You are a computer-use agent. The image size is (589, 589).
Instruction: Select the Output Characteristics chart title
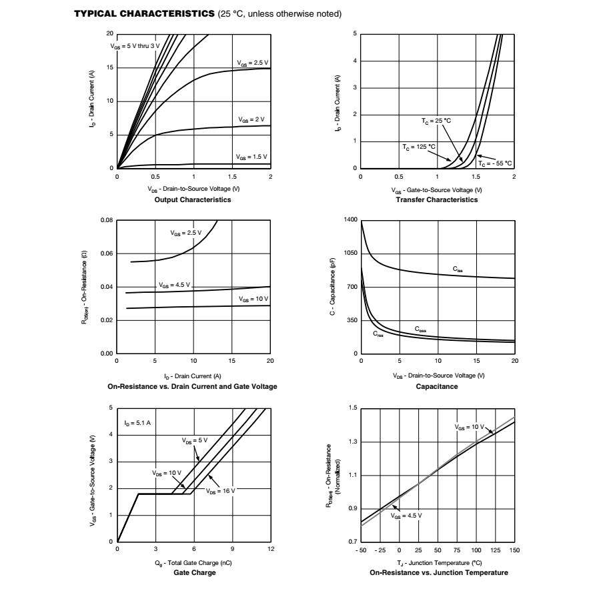tap(192, 199)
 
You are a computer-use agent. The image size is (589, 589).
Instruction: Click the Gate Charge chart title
tap(194, 572)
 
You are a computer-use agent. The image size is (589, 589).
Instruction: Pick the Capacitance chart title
tap(437, 386)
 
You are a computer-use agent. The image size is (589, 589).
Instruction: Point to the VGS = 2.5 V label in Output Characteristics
tap(251, 63)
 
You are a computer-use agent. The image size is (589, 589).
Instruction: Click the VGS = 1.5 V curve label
tap(251, 157)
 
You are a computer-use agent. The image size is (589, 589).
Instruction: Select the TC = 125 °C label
tap(419, 146)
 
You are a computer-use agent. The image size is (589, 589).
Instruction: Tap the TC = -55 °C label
tap(495, 163)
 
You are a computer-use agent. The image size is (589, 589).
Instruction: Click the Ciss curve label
tap(458, 269)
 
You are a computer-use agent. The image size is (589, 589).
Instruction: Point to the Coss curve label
tap(420, 329)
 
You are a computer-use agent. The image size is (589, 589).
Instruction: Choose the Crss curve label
tap(378, 334)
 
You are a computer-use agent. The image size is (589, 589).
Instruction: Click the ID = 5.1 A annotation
tap(137, 423)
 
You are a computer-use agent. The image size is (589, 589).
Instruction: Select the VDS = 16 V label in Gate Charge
tap(221, 491)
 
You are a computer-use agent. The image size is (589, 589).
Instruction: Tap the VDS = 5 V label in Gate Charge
tap(195, 440)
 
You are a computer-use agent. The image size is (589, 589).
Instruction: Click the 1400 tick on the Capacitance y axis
tap(350, 220)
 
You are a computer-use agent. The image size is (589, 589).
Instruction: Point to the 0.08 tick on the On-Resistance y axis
tap(107, 220)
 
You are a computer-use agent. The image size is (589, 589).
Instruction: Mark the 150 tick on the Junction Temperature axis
tap(514, 550)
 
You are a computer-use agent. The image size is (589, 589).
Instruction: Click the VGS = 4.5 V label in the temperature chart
tap(406, 516)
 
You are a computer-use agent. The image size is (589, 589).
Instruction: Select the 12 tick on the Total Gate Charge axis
tap(271, 549)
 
